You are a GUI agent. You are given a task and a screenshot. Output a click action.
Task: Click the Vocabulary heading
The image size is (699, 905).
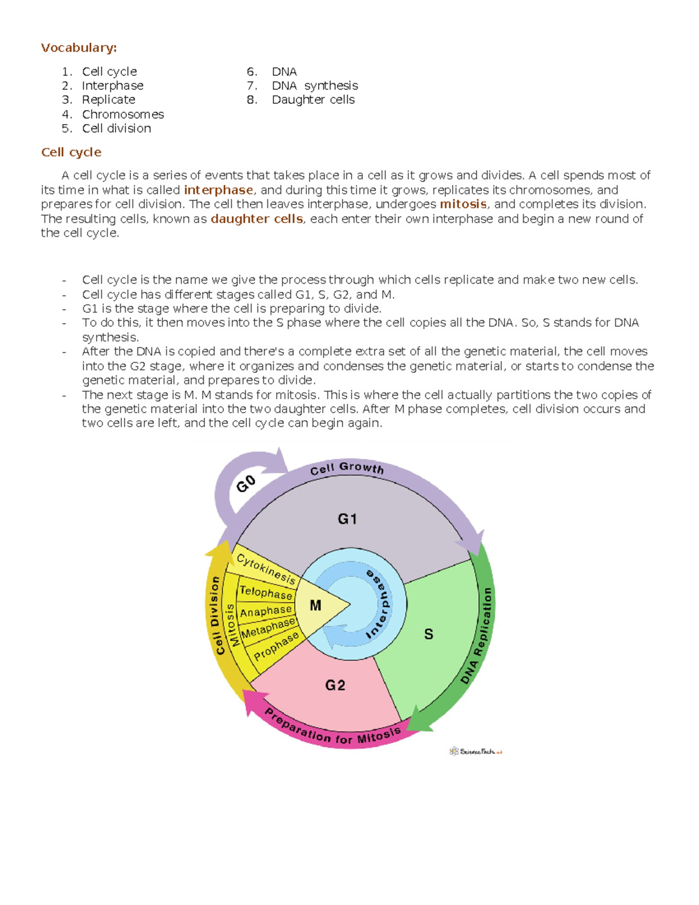click(79, 48)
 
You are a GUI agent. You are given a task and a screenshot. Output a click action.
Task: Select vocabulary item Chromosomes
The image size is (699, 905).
click(122, 114)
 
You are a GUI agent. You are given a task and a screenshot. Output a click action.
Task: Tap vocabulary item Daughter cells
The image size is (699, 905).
click(313, 100)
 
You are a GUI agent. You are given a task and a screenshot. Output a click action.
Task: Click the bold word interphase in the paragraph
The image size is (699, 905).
click(218, 190)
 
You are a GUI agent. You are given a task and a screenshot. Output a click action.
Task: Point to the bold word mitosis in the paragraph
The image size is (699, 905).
click(463, 204)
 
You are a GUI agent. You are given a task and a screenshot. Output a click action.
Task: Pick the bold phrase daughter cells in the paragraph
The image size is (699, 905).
click(256, 219)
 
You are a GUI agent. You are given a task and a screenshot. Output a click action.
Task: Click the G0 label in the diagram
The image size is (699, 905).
click(246, 484)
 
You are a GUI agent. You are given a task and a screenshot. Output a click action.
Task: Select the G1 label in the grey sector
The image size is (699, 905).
click(347, 519)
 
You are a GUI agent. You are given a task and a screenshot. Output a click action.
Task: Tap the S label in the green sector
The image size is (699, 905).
click(429, 634)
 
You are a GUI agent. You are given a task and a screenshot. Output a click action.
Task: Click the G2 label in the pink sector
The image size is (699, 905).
click(336, 685)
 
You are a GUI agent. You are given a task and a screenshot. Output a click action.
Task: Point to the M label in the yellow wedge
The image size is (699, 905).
click(316, 606)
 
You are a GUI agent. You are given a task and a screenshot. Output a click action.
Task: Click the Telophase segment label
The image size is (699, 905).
click(266, 593)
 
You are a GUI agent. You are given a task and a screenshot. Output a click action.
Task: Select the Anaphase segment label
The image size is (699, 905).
click(266, 611)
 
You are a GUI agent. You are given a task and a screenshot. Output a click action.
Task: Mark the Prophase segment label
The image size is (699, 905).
click(276, 646)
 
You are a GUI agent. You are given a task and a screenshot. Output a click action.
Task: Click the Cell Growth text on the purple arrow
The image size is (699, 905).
click(347, 469)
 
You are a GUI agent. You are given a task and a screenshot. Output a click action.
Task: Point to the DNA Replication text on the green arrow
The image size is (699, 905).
click(477, 635)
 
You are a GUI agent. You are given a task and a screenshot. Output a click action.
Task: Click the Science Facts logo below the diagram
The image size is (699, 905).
click(475, 752)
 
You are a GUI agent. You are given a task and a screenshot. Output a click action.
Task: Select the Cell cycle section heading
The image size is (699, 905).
click(71, 152)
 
